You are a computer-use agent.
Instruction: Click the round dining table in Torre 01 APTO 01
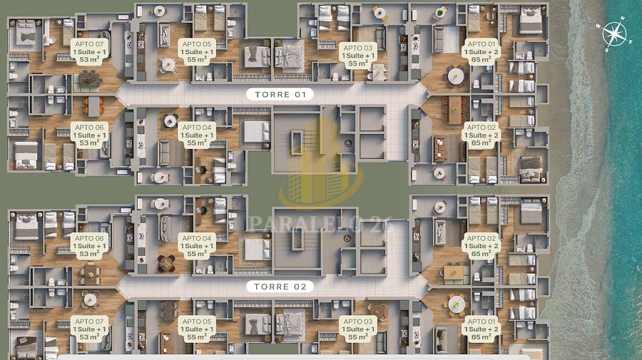pos(455,73)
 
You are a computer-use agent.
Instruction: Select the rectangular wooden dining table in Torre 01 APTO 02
pos(454,108)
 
